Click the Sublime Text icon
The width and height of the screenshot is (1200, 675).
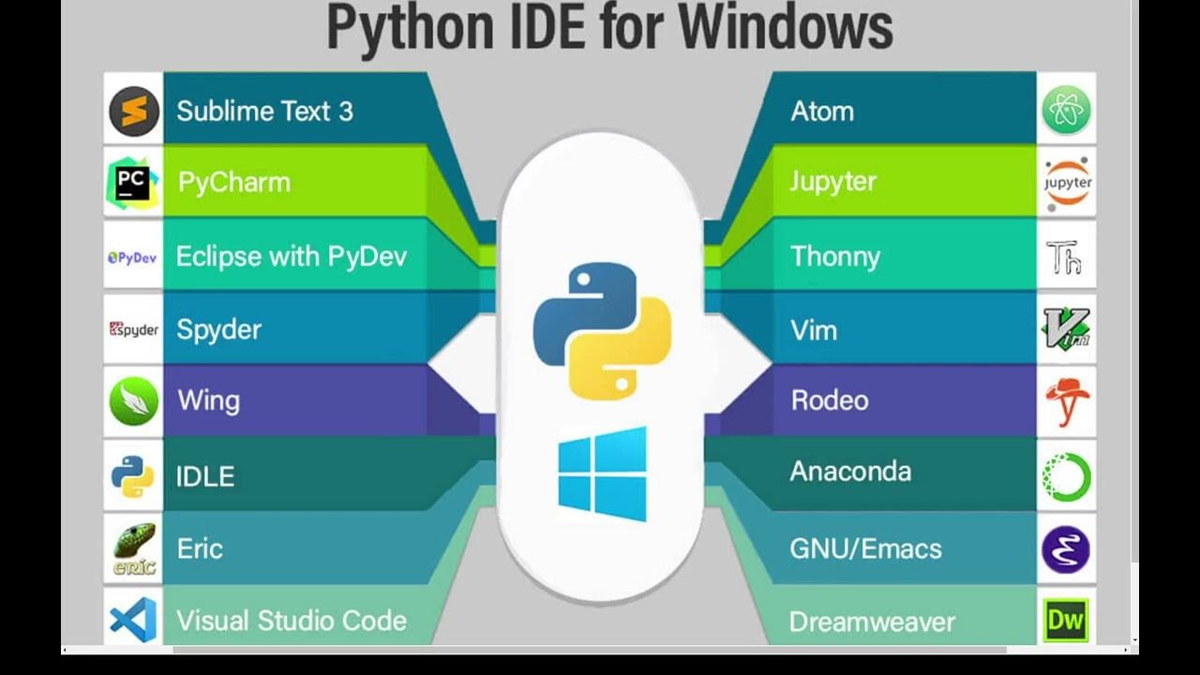point(133,111)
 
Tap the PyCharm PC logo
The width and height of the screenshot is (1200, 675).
point(132,182)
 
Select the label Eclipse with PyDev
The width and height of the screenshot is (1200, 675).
point(292,256)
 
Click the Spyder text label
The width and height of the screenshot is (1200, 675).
point(218,329)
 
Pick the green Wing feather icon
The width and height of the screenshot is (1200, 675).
point(133,401)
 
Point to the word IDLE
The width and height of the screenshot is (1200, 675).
point(204,476)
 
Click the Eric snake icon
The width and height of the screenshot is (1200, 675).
point(134,548)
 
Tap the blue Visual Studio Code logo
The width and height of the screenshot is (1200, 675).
point(133,620)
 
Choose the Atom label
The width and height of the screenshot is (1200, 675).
point(822,111)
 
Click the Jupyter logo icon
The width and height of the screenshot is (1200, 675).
point(1067,182)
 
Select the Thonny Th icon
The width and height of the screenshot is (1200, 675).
point(1066,256)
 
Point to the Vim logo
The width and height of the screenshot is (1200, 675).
point(1067,329)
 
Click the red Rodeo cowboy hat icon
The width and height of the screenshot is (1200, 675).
point(1067,401)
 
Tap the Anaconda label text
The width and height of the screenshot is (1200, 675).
point(850,471)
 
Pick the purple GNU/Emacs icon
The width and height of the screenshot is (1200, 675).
point(1066,549)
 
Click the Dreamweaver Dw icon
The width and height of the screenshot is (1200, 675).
point(1066,620)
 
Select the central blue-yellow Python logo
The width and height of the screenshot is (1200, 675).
point(602,331)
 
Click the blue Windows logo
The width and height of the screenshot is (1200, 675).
point(602,473)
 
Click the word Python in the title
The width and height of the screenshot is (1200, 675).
point(409,28)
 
